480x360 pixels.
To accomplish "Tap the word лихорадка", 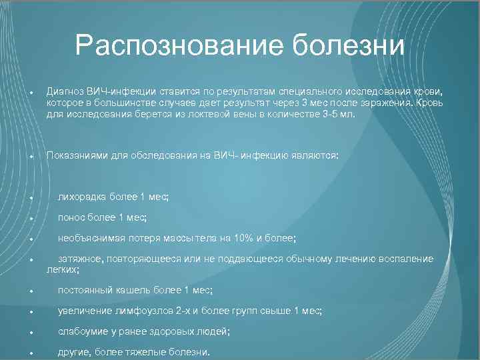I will click(82, 197).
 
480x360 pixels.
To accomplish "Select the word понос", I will click(71, 217).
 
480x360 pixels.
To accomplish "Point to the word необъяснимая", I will click(90, 238).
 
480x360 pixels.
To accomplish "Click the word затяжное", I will click(79, 259).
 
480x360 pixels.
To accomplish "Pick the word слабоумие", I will click(83, 331).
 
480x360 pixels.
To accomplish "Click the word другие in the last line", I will click(74, 352).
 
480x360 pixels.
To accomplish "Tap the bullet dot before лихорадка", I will click(23, 198).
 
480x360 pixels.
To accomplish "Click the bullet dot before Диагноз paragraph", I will click(23, 91).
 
